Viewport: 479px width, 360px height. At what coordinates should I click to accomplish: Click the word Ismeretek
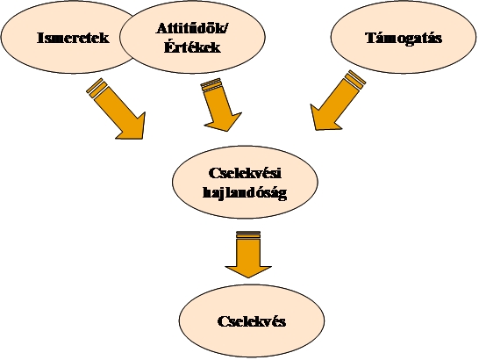pos(73,38)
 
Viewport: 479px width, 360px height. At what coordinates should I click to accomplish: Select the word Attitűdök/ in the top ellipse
pos(192,28)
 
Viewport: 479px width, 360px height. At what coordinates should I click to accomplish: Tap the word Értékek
pos(192,47)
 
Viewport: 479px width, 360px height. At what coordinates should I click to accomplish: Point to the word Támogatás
pos(404,38)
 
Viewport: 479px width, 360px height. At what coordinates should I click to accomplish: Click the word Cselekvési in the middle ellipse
pos(245,173)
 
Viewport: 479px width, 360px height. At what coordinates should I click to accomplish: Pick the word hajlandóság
pos(245,193)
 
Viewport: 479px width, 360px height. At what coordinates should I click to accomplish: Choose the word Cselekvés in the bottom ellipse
pos(252,321)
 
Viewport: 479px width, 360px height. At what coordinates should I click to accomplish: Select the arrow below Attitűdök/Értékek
pos(220,104)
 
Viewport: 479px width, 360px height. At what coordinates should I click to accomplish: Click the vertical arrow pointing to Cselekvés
pos(248,255)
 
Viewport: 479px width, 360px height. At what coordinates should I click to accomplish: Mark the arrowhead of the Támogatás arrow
pos(322,120)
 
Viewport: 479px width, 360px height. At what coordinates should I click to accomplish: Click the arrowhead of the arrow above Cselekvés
pos(248,270)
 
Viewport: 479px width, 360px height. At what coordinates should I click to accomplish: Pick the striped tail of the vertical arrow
pos(248,235)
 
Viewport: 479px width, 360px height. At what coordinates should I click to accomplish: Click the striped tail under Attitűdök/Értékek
pos(211,84)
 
